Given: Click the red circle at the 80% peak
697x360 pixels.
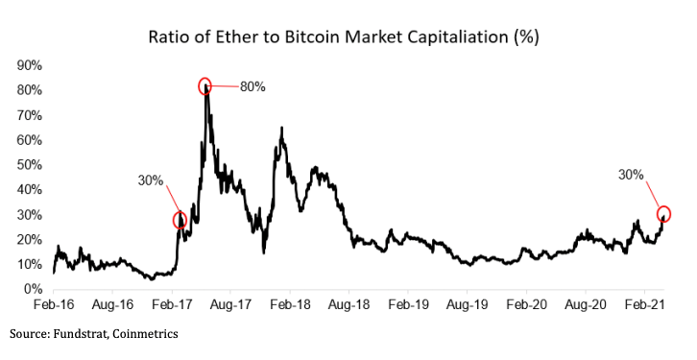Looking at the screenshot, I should point(205,86).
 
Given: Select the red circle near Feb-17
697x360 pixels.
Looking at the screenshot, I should point(180,220).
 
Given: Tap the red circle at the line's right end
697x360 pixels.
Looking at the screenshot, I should point(663,214).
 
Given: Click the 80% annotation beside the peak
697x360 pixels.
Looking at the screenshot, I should point(252,87).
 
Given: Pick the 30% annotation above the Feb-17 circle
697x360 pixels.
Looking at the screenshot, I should point(152,180).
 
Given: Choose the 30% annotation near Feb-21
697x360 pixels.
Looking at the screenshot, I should point(631,174).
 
